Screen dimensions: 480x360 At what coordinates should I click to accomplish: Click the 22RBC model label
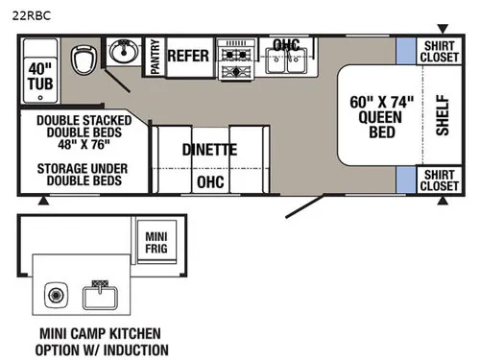(x=32, y=15)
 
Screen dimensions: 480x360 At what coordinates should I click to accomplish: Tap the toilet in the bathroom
(x=84, y=60)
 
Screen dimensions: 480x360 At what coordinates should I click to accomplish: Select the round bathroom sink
(x=124, y=52)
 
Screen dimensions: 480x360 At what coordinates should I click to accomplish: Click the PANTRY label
(x=155, y=57)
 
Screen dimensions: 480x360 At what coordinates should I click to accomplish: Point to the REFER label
(x=188, y=56)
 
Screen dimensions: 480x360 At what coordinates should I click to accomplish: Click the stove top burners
(x=236, y=60)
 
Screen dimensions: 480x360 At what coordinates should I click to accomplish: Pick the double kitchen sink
(x=286, y=60)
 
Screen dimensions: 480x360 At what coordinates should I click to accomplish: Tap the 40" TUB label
(x=40, y=76)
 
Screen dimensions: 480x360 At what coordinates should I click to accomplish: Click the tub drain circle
(x=40, y=98)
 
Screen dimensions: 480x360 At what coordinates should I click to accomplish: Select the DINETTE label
(x=209, y=150)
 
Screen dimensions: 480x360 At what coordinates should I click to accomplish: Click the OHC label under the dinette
(x=210, y=182)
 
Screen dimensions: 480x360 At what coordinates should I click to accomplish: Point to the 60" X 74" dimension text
(x=381, y=103)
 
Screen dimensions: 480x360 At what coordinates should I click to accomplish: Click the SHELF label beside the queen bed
(x=443, y=115)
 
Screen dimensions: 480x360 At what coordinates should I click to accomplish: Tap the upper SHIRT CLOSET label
(x=439, y=51)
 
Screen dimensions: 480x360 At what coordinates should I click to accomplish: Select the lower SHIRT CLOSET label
(x=439, y=180)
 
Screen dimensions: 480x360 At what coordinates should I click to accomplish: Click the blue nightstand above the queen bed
(x=406, y=51)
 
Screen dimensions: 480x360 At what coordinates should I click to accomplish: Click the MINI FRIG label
(x=156, y=242)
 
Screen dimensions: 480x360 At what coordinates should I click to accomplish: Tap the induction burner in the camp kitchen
(x=56, y=295)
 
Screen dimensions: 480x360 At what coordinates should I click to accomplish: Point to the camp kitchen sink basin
(x=100, y=298)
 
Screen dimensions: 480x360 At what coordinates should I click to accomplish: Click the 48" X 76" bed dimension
(x=84, y=144)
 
